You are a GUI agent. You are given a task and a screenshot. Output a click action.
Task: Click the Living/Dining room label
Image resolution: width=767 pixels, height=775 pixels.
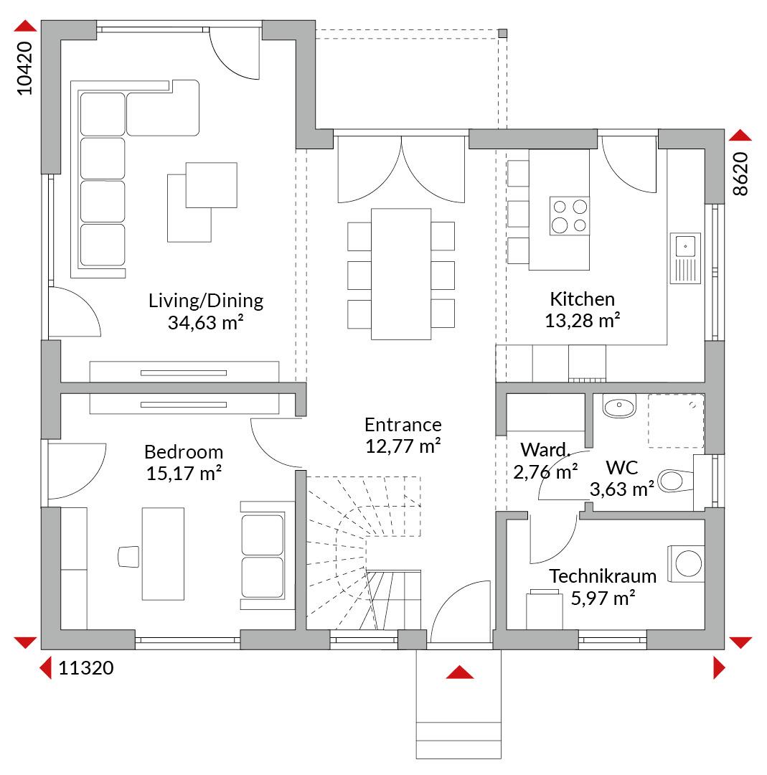206,301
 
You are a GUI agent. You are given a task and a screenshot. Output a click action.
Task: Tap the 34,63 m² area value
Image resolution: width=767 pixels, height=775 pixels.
206,322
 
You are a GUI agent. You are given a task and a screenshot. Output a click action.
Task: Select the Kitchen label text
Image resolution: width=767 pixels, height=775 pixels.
582,299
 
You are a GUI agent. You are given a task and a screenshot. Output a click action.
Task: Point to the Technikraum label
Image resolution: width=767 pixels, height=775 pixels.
603,576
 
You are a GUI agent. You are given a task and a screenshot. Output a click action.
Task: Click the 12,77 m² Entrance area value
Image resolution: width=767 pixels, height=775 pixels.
403,446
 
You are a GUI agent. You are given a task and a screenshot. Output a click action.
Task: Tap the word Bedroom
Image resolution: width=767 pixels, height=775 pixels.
184,452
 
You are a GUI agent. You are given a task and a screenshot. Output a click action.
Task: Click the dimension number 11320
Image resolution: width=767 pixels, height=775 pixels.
86,668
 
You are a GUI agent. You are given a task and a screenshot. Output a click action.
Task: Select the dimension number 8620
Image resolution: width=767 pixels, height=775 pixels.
740,174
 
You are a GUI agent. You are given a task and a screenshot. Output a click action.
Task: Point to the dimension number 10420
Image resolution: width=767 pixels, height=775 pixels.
24,68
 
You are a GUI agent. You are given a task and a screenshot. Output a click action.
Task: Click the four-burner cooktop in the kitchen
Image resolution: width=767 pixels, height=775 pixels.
570,215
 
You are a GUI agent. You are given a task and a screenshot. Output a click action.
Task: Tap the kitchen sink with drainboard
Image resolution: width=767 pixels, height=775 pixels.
685,258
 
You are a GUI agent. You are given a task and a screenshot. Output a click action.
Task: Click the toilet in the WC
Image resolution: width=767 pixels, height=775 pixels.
676,480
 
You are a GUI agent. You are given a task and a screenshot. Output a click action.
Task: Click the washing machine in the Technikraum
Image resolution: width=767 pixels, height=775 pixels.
686,563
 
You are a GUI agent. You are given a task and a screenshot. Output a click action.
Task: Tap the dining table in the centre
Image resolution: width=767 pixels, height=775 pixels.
401,274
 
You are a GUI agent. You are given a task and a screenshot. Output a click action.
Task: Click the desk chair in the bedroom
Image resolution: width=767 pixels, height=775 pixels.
128,557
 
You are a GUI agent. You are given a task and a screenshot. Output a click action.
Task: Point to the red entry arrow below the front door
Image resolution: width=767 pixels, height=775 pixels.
460,672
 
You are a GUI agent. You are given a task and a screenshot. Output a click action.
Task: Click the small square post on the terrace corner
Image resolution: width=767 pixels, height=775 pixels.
502,34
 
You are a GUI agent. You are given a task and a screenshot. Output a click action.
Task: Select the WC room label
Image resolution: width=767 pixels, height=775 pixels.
621,468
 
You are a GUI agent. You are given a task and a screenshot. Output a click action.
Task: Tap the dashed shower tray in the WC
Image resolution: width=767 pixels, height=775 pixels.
676,421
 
